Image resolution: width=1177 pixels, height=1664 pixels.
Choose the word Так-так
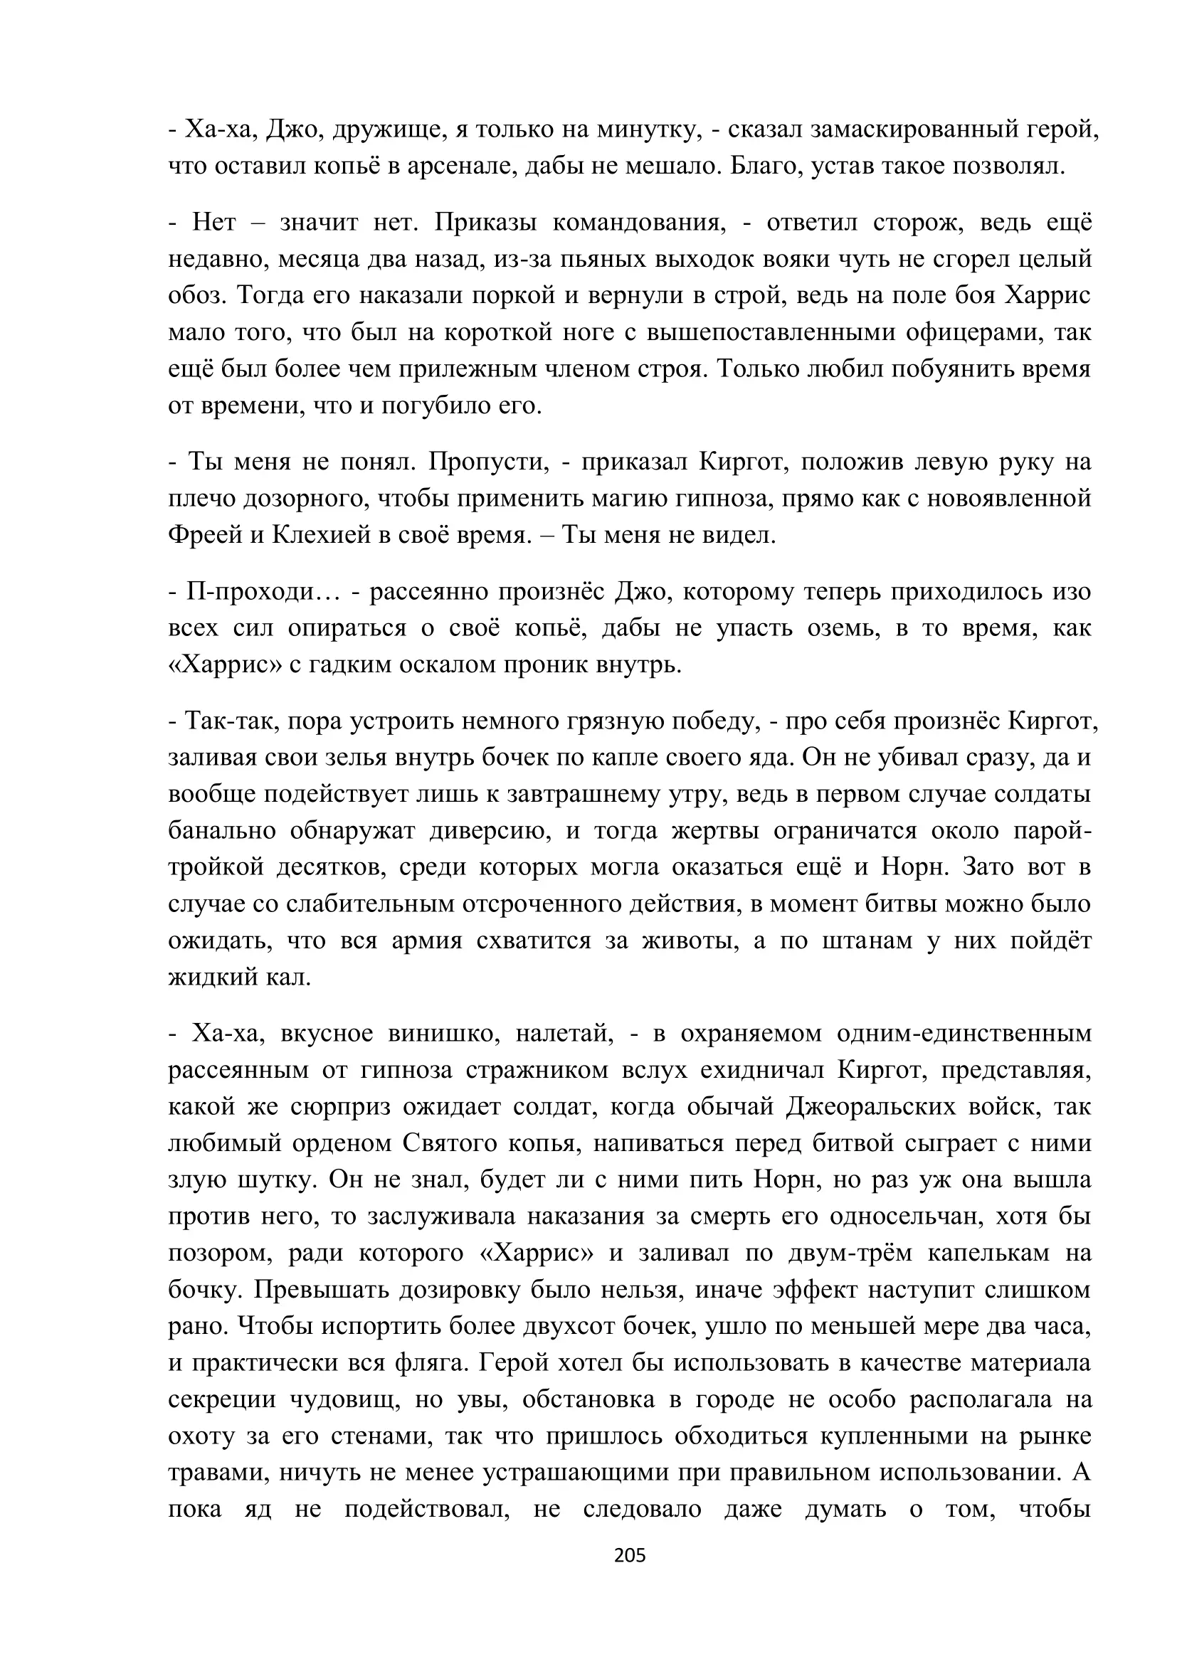[x=228, y=721]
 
